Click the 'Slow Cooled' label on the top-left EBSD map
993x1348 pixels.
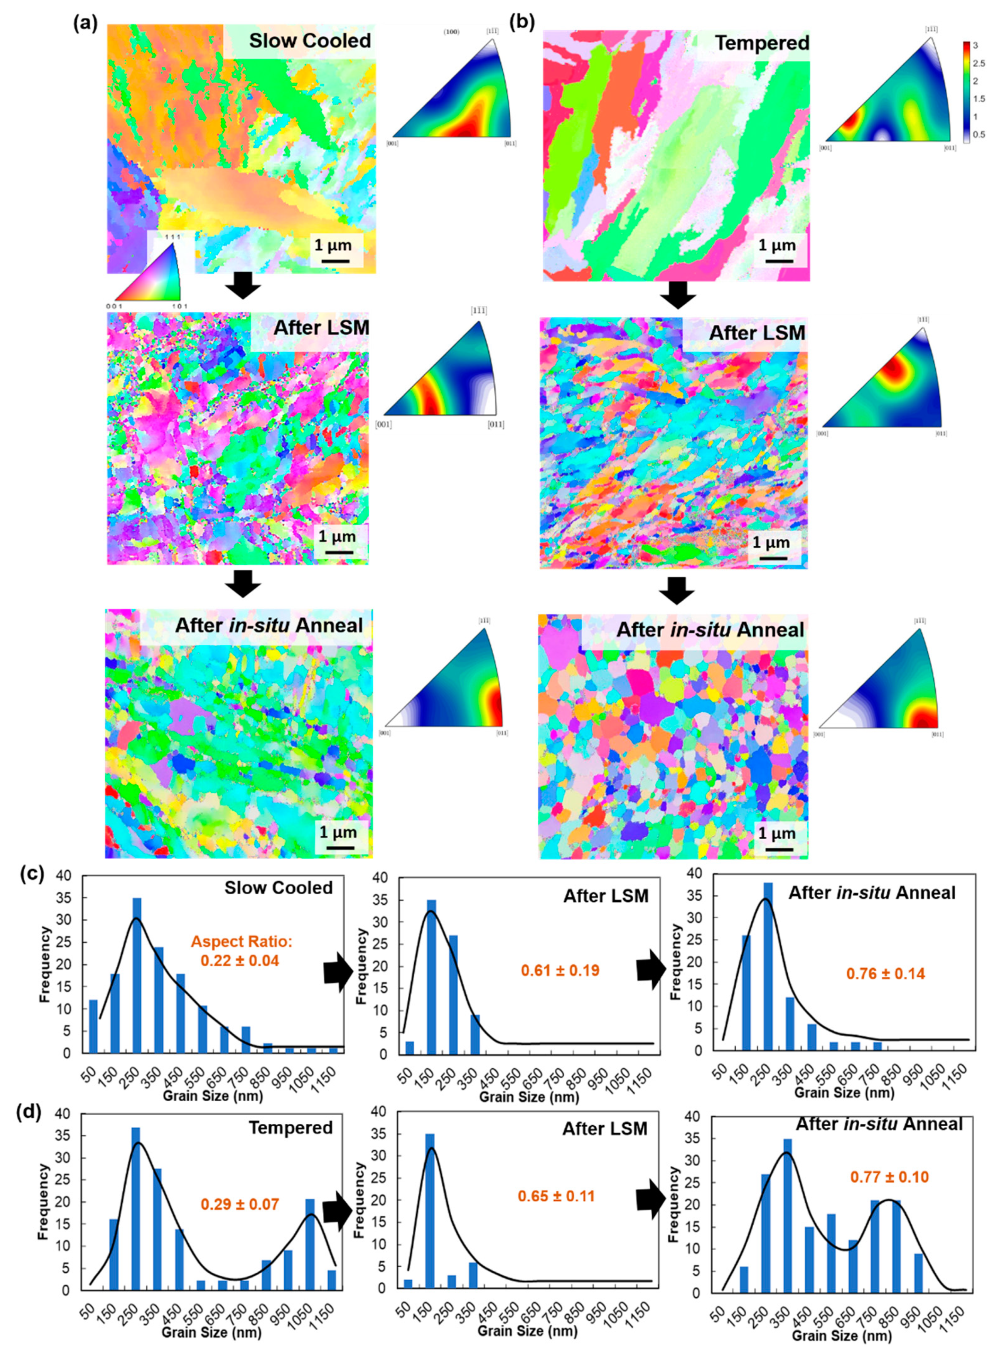click(309, 41)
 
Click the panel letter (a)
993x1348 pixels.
click(85, 23)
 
